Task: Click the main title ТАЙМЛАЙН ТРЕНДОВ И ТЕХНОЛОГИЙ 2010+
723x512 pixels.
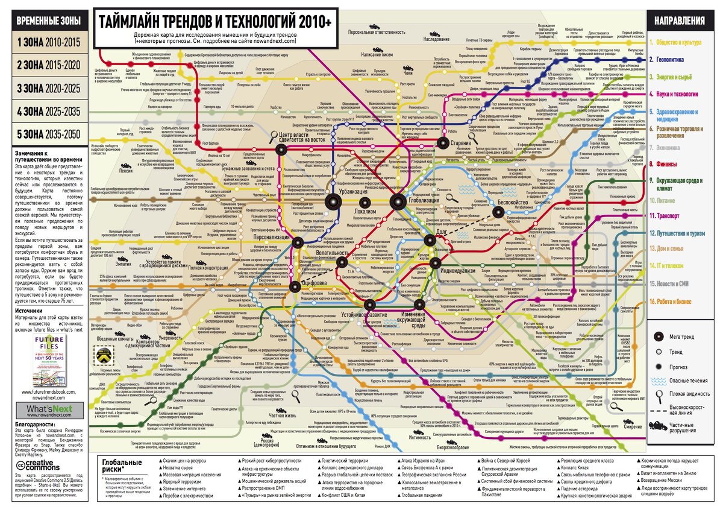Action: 215,22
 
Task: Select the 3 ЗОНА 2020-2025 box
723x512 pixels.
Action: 48,88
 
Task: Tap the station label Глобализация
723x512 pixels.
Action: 423,200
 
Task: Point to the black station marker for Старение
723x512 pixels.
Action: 443,143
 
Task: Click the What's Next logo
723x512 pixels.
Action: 49,410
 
